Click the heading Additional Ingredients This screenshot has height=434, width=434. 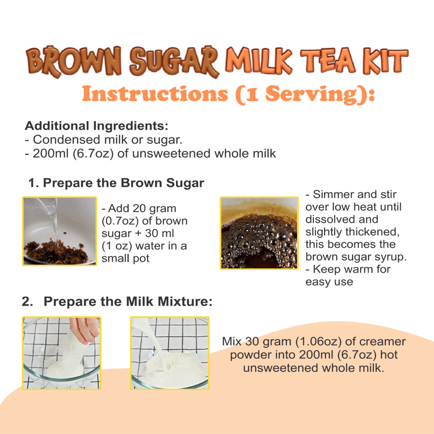96,126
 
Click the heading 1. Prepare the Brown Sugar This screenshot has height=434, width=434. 116,183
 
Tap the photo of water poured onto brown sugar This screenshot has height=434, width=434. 59,231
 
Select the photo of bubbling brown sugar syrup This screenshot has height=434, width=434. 258,232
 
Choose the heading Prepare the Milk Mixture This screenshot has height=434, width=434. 128,302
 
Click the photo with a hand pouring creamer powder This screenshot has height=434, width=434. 62,353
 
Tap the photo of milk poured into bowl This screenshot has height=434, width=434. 169,353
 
